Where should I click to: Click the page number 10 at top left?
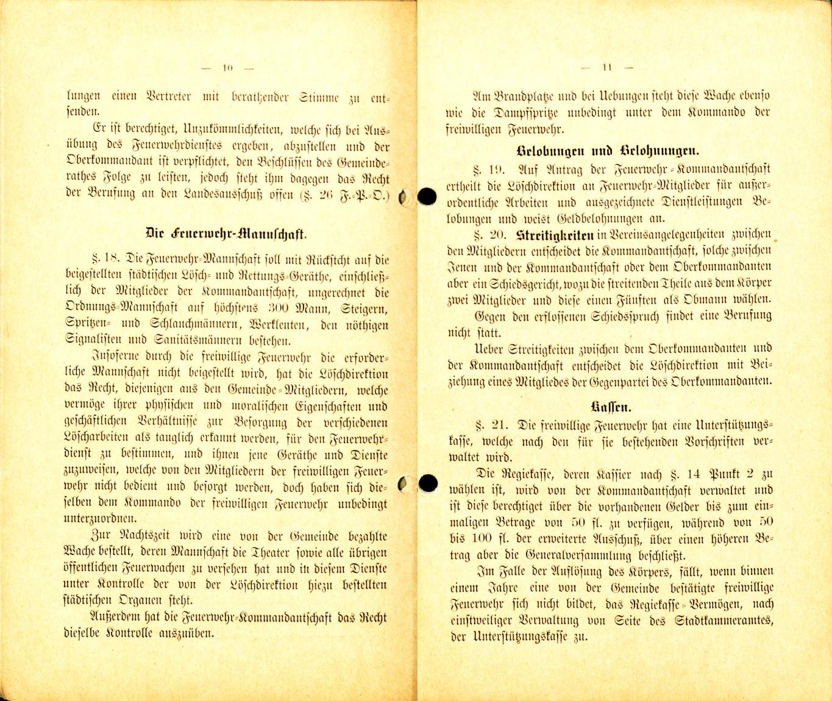click(x=228, y=68)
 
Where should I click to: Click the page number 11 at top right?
click(x=606, y=68)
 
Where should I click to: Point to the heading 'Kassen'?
click(x=611, y=407)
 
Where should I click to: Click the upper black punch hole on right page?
click(x=427, y=196)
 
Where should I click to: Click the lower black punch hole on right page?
click(x=428, y=483)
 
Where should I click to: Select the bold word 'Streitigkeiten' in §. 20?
click(x=555, y=235)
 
